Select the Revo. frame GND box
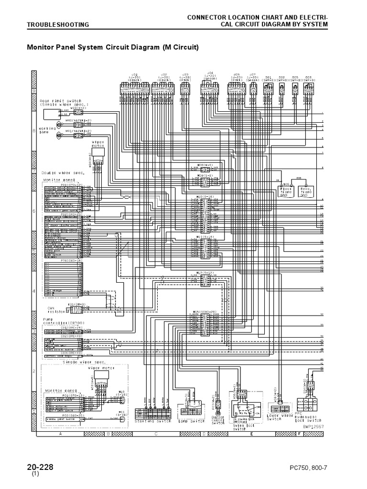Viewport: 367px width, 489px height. [x=306, y=191]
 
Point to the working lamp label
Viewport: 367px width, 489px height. [x=47, y=130]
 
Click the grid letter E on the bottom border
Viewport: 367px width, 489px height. [x=251, y=434]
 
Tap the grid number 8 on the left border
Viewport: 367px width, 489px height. [x=33, y=129]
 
